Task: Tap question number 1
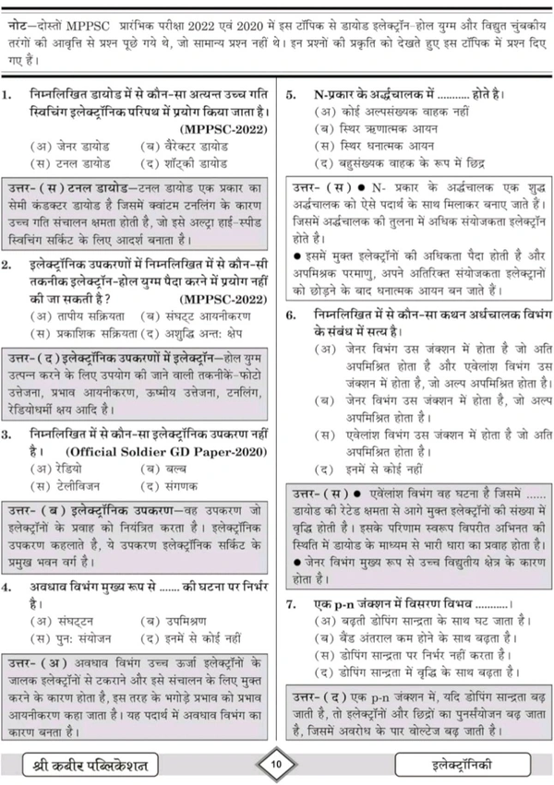[9, 95]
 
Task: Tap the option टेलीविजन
[73, 484]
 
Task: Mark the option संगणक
[167, 484]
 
